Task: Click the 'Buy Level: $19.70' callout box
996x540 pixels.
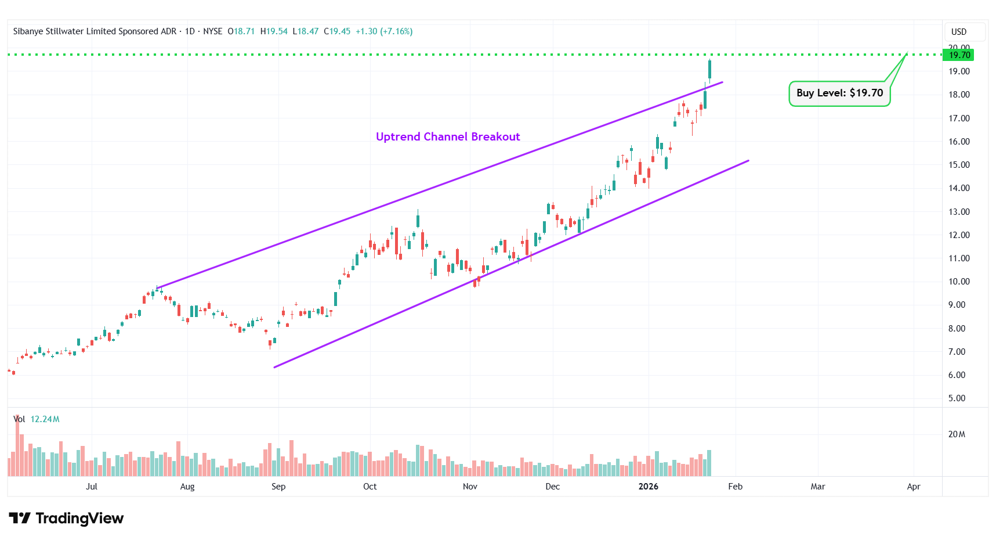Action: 839,93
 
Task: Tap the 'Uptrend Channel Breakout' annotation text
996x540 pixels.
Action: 448,136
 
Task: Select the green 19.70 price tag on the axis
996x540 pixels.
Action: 959,55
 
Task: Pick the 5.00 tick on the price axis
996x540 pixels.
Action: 957,398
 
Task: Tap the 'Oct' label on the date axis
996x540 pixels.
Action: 370,487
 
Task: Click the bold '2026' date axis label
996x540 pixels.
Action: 648,487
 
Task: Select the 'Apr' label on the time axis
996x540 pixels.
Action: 914,487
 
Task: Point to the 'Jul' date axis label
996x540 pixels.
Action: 92,487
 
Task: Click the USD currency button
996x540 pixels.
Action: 959,32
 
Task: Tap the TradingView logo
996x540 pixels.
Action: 67,518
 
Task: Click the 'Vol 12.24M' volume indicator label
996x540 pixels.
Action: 37,419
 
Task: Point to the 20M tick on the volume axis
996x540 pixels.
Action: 957,434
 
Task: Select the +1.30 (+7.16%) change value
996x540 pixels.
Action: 384,31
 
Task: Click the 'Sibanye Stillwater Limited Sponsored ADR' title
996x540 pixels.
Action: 95,31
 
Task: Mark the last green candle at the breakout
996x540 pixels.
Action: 709,69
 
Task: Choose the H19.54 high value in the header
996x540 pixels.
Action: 274,31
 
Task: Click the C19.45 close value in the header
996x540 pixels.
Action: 337,31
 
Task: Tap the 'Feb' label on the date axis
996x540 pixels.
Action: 735,487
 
